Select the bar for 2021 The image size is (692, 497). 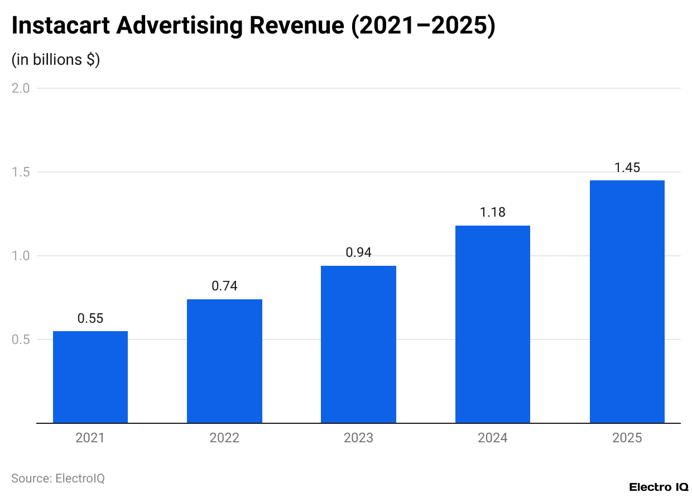pyautogui.click(x=90, y=377)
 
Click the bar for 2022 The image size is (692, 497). pyautogui.click(x=224, y=361)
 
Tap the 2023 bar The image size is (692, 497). pyautogui.click(x=358, y=345)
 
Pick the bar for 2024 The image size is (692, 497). pyautogui.click(x=493, y=324)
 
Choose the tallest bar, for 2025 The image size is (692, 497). pyautogui.click(x=627, y=302)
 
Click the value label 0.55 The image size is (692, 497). pyautogui.click(x=90, y=318)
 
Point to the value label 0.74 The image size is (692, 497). pyautogui.click(x=224, y=286)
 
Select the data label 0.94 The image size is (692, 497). pyautogui.click(x=358, y=252)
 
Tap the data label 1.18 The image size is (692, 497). pyautogui.click(x=493, y=212)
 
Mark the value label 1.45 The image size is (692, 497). pyautogui.click(x=627, y=167)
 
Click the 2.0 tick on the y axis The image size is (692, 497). pyautogui.click(x=21, y=88)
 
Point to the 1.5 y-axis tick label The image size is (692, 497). pyautogui.click(x=21, y=172)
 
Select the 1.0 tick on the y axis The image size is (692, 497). pyautogui.click(x=21, y=256)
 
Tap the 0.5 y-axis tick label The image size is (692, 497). pyautogui.click(x=21, y=340)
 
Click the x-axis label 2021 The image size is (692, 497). pyautogui.click(x=90, y=438)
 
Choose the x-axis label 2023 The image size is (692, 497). pyautogui.click(x=358, y=438)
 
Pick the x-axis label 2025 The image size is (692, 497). pyautogui.click(x=627, y=438)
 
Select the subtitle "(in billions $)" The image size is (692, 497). pyautogui.click(x=56, y=60)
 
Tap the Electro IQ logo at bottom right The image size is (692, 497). pyautogui.click(x=659, y=487)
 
